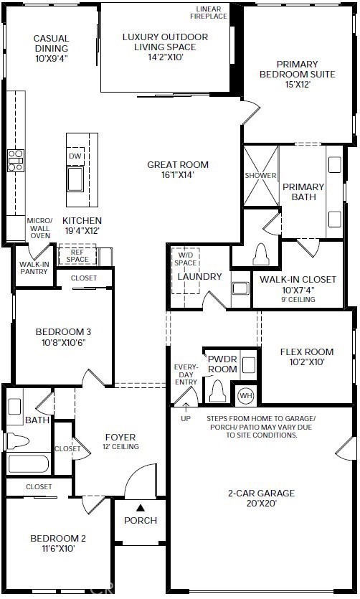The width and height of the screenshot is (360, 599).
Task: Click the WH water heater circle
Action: click(246, 395)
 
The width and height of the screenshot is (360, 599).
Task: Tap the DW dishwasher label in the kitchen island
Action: click(75, 156)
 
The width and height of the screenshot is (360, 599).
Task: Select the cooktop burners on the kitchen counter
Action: click(16, 160)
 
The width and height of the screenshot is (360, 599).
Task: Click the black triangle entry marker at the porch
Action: click(141, 508)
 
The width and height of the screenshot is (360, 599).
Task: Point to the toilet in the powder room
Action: click(217, 390)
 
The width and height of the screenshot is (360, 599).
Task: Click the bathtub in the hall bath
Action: click(29, 463)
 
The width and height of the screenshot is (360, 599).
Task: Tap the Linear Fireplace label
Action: click(209, 13)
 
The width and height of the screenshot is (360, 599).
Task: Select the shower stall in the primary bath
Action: click(261, 176)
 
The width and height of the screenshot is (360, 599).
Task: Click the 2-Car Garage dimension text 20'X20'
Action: click(262, 503)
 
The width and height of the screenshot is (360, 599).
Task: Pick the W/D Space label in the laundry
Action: click(186, 259)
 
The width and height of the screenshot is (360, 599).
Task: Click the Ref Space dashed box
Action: click(77, 255)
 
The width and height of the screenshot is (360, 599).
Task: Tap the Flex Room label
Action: click(307, 352)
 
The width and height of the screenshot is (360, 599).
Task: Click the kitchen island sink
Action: click(75, 179)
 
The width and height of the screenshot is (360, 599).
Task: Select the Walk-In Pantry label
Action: click(34, 268)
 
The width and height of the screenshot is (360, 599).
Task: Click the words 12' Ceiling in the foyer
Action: click(120, 446)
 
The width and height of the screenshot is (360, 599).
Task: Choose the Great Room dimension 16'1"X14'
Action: click(178, 175)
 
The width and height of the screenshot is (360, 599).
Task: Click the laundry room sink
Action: click(240, 288)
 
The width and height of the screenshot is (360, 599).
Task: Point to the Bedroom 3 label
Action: click(63, 331)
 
